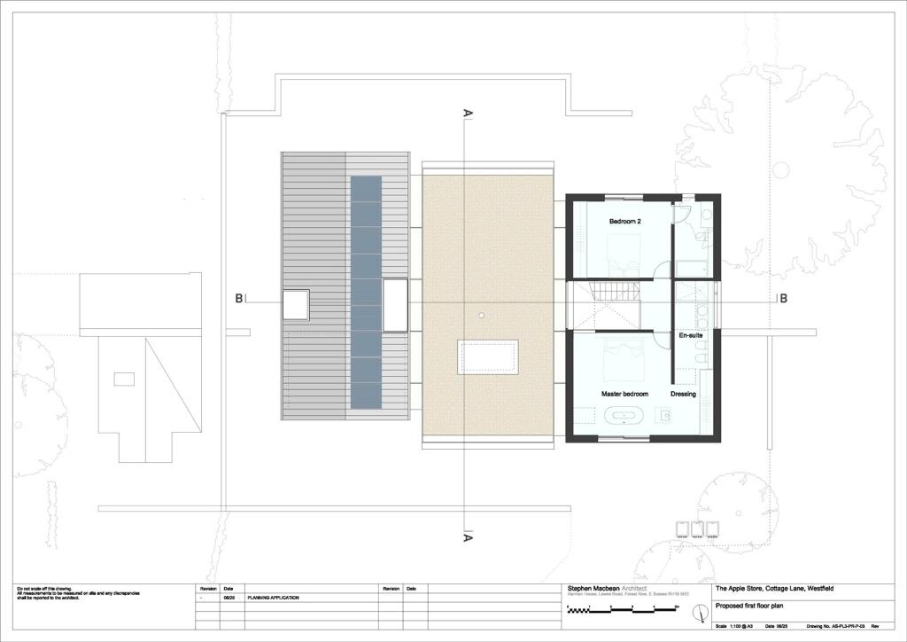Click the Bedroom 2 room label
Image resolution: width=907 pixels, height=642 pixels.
[624, 220]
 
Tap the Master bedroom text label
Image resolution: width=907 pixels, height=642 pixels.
[624, 393]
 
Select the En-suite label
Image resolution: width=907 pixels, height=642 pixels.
[690, 336]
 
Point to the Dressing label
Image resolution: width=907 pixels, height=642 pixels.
[683, 393]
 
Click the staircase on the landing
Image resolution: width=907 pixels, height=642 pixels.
[609, 291]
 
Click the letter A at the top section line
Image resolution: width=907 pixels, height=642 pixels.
[467, 114]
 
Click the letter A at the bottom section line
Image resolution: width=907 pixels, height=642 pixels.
[467, 537]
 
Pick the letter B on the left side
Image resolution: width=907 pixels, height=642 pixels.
[239, 299]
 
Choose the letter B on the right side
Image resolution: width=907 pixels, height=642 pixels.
[782, 299]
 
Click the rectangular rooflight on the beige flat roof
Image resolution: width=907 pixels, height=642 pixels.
[486, 356]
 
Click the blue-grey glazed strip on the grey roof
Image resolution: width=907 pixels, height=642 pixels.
[366, 292]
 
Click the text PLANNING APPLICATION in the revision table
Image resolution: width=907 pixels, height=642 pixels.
[273, 599]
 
